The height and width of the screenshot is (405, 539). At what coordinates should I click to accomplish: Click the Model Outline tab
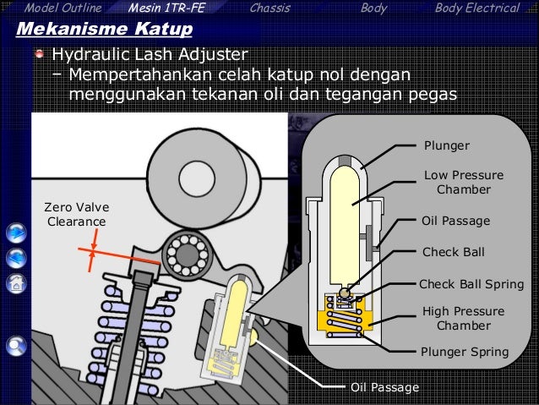point(63,8)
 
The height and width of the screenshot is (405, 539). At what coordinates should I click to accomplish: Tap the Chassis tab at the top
point(270,8)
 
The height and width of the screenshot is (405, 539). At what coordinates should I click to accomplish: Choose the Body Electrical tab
point(476,8)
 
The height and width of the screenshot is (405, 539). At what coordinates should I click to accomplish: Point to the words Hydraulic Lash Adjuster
point(150,56)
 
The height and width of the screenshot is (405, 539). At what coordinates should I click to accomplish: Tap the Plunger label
point(446,145)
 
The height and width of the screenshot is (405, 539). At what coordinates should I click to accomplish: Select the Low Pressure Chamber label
point(463,183)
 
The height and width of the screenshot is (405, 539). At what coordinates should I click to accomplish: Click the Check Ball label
point(452,252)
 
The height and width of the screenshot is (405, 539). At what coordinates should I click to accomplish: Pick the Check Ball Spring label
point(471,283)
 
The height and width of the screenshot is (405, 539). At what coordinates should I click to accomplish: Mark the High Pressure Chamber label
point(463,319)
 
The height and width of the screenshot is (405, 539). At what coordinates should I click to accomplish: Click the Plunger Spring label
point(465,352)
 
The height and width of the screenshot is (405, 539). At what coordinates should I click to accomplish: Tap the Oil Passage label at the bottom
point(384,387)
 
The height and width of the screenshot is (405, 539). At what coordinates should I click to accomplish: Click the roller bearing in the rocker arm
point(188,252)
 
